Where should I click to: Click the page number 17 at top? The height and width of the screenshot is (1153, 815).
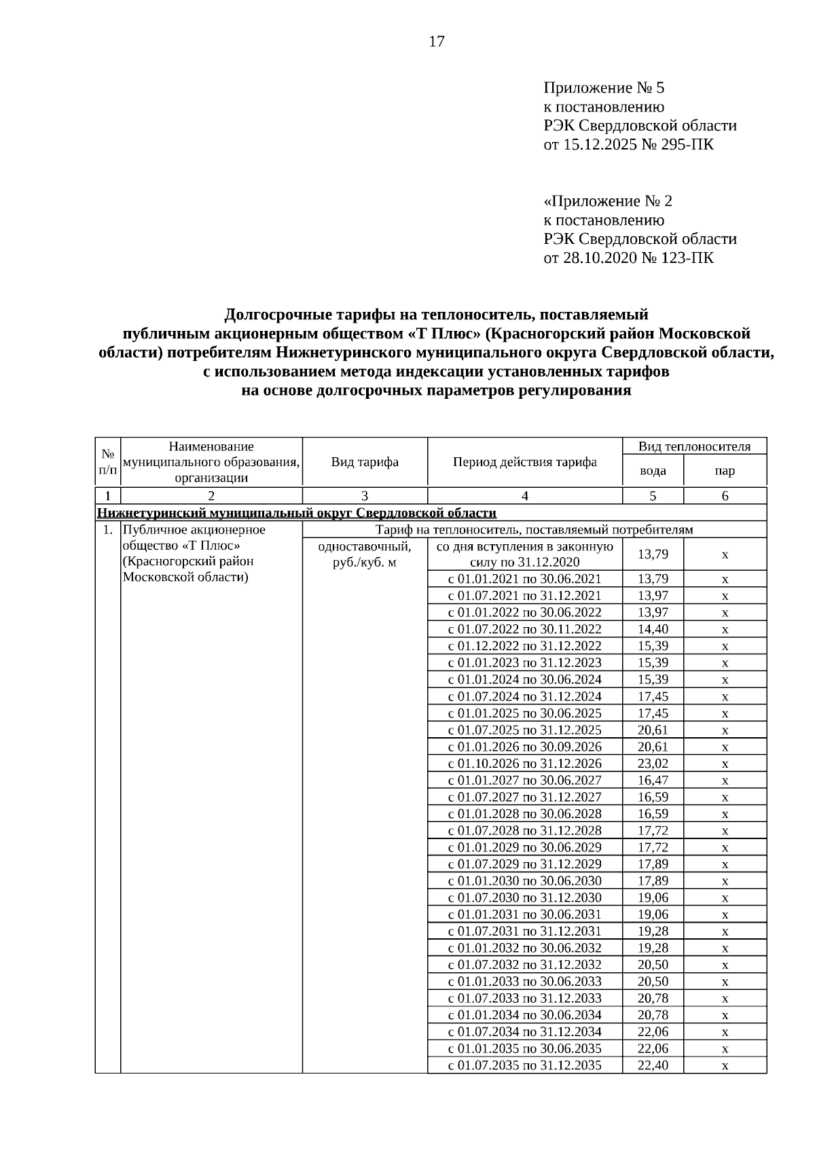pyautogui.click(x=437, y=42)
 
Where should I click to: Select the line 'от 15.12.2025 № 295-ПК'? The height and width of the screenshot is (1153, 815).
pyautogui.click(x=628, y=145)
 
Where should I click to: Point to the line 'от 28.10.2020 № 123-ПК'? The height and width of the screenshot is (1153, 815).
pyautogui.click(x=628, y=258)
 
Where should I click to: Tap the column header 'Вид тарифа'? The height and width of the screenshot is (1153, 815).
pyautogui.click(x=365, y=462)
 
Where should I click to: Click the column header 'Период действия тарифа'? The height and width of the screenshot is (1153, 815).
pyautogui.click(x=524, y=462)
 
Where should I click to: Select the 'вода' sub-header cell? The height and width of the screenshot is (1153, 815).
pyautogui.click(x=653, y=470)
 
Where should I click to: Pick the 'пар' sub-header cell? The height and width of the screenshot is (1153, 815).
pyautogui.click(x=725, y=470)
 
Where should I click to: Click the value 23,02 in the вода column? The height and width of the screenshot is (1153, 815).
pyautogui.click(x=653, y=763)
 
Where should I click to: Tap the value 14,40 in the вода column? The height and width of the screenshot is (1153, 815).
pyautogui.click(x=653, y=629)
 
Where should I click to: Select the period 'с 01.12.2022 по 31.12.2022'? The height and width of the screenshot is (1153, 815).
pyautogui.click(x=524, y=646)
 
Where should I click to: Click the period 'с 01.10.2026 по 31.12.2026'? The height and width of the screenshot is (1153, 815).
pyautogui.click(x=524, y=763)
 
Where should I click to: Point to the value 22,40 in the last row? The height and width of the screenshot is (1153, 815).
pyautogui.click(x=653, y=1065)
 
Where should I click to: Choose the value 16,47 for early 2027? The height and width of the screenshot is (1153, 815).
pyautogui.click(x=653, y=780)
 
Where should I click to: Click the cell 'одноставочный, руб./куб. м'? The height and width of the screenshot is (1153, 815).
pyautogui.click(x=365, y=554)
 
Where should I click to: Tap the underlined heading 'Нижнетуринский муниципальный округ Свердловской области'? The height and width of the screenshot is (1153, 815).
pyautogui.click(x=297, y=513)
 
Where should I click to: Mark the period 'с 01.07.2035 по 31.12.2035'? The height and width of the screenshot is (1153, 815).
pyautogui.click(x=524, y=1065)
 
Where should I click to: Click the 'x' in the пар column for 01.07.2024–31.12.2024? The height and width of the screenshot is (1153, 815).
pyautogui.click(x=725, y=696)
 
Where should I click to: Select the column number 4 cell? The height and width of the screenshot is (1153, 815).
pyautogui.click(x=524, y=496)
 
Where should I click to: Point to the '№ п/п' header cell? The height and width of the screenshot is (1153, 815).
pyautogui.click(x=107, y=462)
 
